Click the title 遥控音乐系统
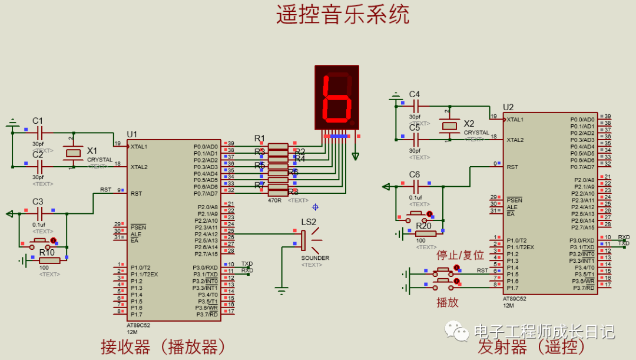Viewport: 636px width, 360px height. (x=342, y=15)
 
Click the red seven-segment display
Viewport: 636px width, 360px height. (x=337, y=97)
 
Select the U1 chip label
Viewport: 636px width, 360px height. (x=132, y=134)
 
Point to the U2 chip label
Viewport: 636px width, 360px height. (x=508, y=107)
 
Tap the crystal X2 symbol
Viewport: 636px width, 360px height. (x=450, y=125)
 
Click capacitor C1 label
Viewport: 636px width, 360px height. (x=38, y=121)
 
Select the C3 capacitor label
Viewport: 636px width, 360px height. (x=38, y=202)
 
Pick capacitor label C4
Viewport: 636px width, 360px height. (x=415, y=94)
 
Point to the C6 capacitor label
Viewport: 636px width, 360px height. (x=415, y=174)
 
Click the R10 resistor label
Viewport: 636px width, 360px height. (x=47, y=252)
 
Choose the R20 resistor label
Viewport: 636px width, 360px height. (x=423, y=226)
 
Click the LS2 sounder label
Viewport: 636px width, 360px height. (x=309, y=222)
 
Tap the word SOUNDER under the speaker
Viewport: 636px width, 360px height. (x=315, y=258)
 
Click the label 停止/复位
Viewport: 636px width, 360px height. (x=460, y=255)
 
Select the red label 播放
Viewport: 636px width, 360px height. (x=448, y=302)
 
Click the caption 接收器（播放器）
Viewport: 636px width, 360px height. (x=164, y=346)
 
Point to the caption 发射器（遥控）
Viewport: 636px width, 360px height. (x=526, y=347)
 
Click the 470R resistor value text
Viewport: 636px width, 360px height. (x=275, y=200)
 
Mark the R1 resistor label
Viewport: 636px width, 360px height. (x=260, y=138)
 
